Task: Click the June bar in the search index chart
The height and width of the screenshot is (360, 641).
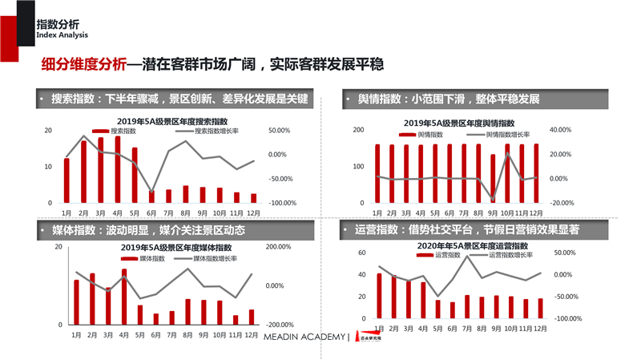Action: click(152, 197)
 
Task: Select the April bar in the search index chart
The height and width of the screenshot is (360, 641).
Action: click(118, 170)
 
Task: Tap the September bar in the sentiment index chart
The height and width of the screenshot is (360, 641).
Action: click(493, 178)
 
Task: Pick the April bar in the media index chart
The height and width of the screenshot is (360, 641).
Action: click(124, 297)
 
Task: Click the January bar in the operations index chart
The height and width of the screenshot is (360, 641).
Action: click(380, 297)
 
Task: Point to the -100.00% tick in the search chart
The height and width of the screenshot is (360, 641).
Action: click(284, 204)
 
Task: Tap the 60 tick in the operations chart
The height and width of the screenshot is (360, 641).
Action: click(361, 253)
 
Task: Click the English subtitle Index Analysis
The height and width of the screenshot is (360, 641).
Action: click(62, 36)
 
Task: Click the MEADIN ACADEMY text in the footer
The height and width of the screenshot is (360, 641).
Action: click(304, 337)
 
